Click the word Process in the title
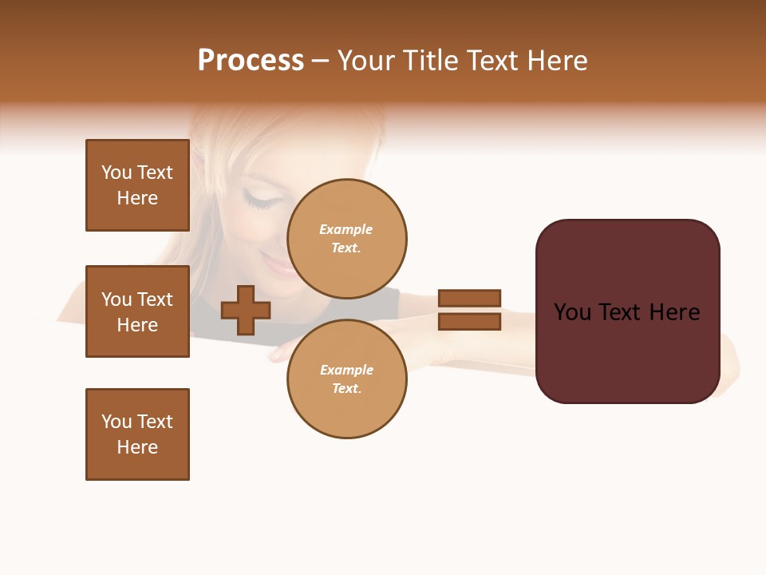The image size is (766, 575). (251, 61)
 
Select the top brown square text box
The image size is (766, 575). (137, 185)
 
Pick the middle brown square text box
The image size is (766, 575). (137, 311)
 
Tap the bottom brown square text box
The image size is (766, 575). (137, 434)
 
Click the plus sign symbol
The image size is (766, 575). (246, 311)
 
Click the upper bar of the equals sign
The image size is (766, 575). (469, 298)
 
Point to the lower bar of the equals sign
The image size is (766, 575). (469, 322)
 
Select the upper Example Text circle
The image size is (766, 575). (346, 239)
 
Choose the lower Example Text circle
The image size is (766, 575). (346, 379)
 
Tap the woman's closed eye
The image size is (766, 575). (260, 198)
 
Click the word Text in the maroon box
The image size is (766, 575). (627, 312)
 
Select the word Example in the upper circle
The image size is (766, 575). (345, 230)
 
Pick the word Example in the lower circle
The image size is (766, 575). (345, 371)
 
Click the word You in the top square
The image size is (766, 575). (116, 172)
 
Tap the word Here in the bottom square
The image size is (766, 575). (137, 447)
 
